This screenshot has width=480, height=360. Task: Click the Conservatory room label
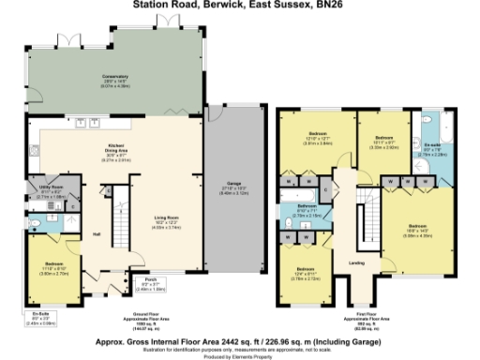point(115,78)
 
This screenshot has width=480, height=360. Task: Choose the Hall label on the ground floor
point(96,234)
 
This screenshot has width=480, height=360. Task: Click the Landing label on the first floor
point(357,262)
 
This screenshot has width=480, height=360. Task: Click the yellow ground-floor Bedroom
point(54,267)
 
